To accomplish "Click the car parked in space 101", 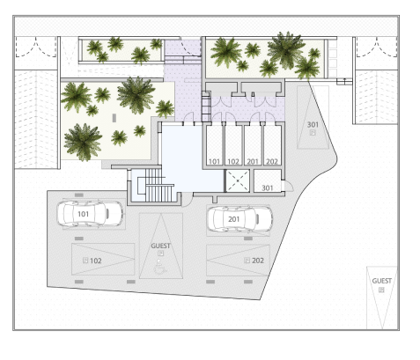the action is [x=90, y=214].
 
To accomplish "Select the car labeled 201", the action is [x=239, y=219].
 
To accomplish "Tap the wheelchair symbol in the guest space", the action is [x=160, y=267].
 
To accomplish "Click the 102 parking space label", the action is [x=96, y=261].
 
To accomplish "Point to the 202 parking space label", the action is [x=258, y=261].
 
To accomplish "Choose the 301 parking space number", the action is [x=313, y=125].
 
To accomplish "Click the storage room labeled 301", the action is [x=268, y=181].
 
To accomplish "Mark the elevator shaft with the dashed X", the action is [x=237, y=181].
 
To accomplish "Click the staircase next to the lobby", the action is [x=157, y=185].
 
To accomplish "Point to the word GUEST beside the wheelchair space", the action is [x=160, y=246].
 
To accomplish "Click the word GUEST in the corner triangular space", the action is [x=382, y=281].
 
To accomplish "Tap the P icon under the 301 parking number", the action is [x=313, y=133].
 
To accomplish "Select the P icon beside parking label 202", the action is [x=247, y=261].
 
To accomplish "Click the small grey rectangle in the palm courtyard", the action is [x=114, y=118].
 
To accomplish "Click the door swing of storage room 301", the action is [x=288, y=186].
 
